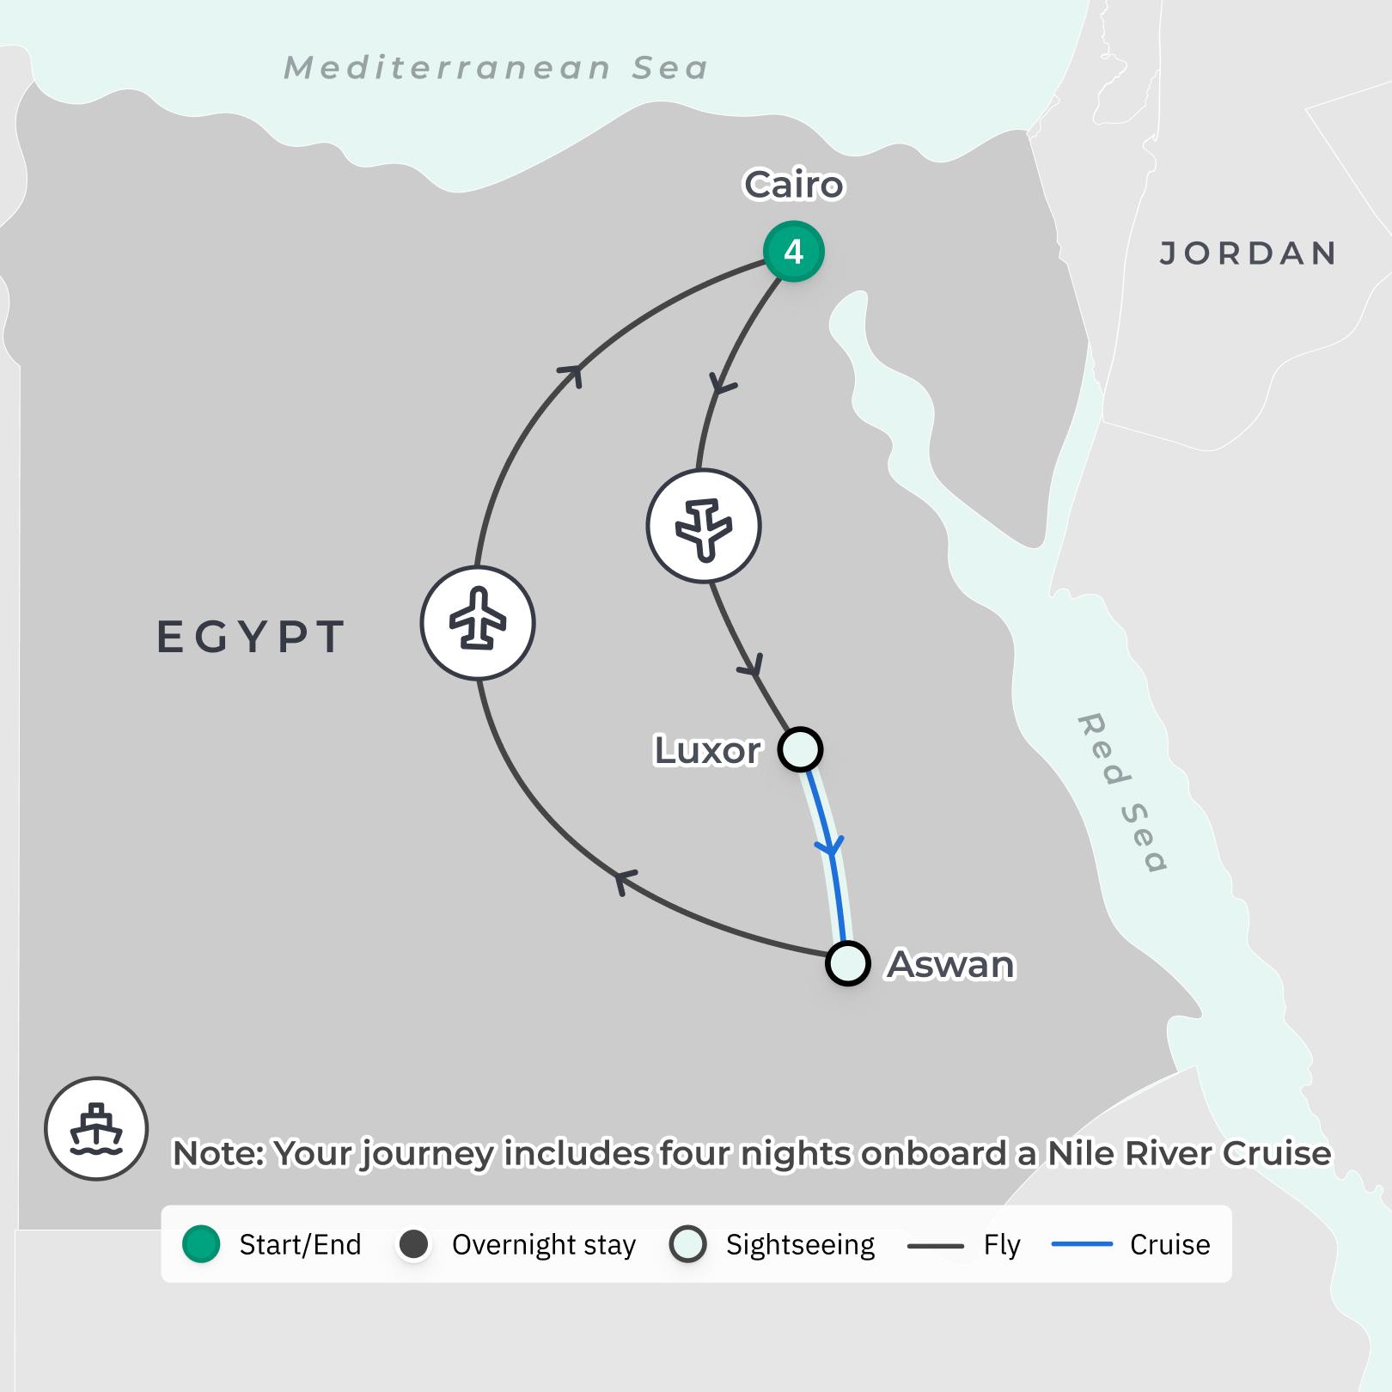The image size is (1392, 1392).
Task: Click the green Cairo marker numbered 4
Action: click(x=794, y=252)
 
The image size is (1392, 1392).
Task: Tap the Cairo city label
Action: click(x=794, y=185)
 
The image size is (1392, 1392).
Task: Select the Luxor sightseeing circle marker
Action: click(x=800, y=749)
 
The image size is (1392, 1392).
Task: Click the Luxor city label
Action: click(x=707, y=750)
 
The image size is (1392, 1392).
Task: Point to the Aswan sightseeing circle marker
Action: click(x=848, y=963)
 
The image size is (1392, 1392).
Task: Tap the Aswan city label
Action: click(x=951, y=964)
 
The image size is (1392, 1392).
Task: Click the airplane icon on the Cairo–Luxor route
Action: click(x=704, y=526)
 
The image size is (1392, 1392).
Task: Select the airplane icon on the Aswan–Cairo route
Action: click(x=478, y=623)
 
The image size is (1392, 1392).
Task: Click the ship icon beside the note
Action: click(x=96, y=1128)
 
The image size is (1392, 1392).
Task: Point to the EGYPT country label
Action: click(x=251, y=637)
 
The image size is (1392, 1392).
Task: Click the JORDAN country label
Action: click(x=1249, y=253)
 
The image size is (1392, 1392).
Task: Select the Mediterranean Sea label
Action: click(x=497, y=68)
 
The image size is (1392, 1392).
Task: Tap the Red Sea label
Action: click(x=1121, y=791)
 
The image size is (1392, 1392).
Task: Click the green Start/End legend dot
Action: click(x=202, y=1244)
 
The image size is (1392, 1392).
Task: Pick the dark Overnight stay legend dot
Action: click(x=414, y=1244)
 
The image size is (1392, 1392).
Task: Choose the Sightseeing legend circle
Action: click(x=688, y=1244)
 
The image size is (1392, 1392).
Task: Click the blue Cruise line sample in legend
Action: click(x=1082, y=1244)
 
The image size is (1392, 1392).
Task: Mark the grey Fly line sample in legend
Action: click(x=936, y=1245)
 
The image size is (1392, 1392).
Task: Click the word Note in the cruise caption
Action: click(x=218, y=1153)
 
